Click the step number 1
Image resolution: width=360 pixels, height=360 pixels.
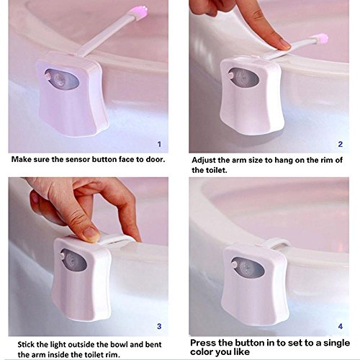click(x=159, y=144)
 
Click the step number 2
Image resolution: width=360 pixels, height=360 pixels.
click(x=341, y=144)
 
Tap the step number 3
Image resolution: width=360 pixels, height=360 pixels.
click(x=159, y=326)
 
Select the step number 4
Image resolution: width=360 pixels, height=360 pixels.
click(x=341, y=326)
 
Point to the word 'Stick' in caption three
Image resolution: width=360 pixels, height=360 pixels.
click(x=26, y=344)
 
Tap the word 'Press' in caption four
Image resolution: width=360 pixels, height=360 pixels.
click(x=202, y=343)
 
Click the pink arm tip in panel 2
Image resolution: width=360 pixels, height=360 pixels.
click(x=320, y=39)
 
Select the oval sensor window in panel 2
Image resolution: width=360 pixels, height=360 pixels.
click(x=243, y=77)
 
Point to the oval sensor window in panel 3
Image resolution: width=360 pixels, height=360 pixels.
click(x=73, y=261)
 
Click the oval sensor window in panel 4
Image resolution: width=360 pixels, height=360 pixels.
click(x=248, y=266)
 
